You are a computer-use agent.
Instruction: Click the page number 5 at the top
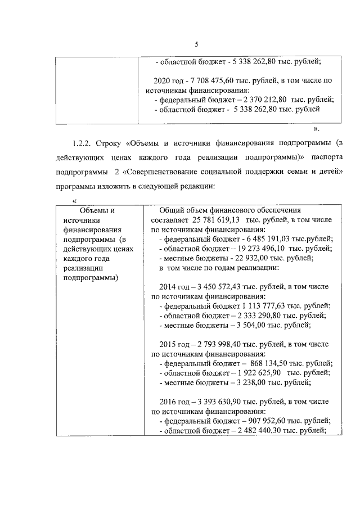tap(196, 45)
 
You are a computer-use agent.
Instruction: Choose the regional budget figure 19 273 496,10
tap(261, 248)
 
